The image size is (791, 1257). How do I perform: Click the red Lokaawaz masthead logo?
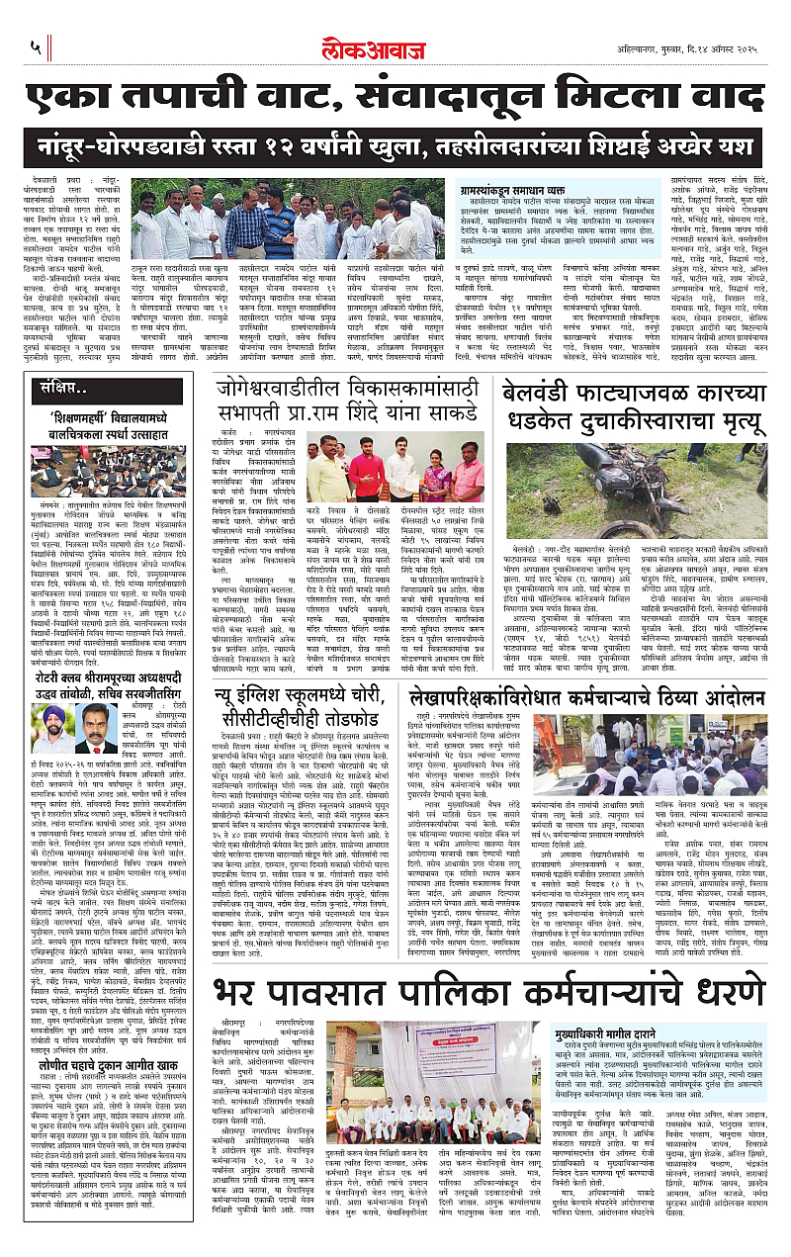[x=395, y=46]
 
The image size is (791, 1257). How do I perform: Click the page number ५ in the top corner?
[x=35, y=46]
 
